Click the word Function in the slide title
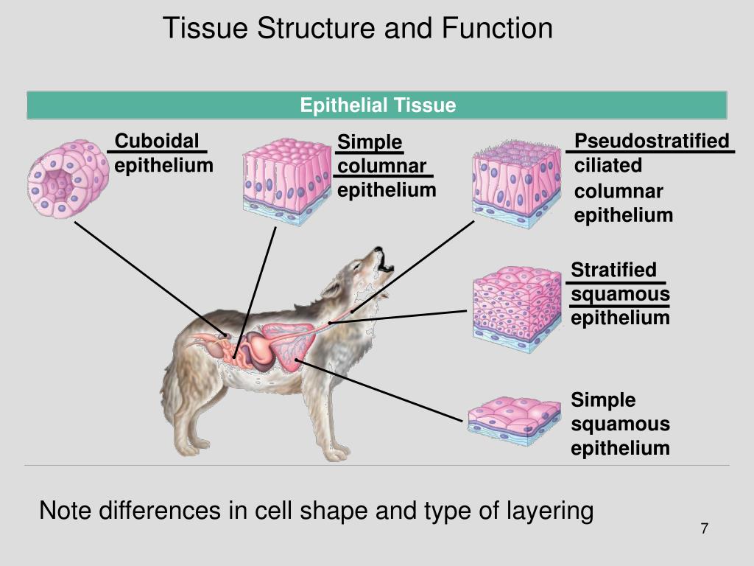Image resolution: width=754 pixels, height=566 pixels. tap(497, 28)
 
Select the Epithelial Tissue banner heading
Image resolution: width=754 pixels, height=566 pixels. tap(378, 105)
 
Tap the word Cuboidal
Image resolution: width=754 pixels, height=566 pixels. tap(158, 141)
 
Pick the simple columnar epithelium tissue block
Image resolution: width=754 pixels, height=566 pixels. tap(286, 181)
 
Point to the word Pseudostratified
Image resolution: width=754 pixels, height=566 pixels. tap(652, 141)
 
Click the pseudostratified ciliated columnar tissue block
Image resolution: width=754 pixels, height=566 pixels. tap(514, 182)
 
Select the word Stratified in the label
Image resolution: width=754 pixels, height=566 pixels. tap(613, 270)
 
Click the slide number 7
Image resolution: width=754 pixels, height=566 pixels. tap(704, 528)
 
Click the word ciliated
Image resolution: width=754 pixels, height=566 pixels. tap(608, 166)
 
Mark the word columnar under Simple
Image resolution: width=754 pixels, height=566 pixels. tap(382, 166)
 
